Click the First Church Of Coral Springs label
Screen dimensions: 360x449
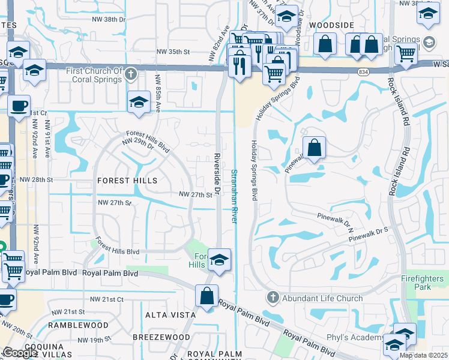(x=94, y=75)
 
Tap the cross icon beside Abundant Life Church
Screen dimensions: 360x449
(x=272, y=298)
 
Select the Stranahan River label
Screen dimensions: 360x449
(x=234, y=196)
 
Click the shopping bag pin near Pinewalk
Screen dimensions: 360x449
(x=314, y=148)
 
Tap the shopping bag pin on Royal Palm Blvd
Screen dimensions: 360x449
(x=206, y=296)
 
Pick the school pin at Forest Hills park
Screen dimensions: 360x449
(x=220, y=260)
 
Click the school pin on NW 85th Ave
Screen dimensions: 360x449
(x=139, y=101)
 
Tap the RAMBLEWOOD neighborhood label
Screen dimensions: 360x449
(x=78, y=325)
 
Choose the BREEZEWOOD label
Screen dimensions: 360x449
(x=153, y=337)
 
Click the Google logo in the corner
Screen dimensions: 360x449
(x=20, y=353)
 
